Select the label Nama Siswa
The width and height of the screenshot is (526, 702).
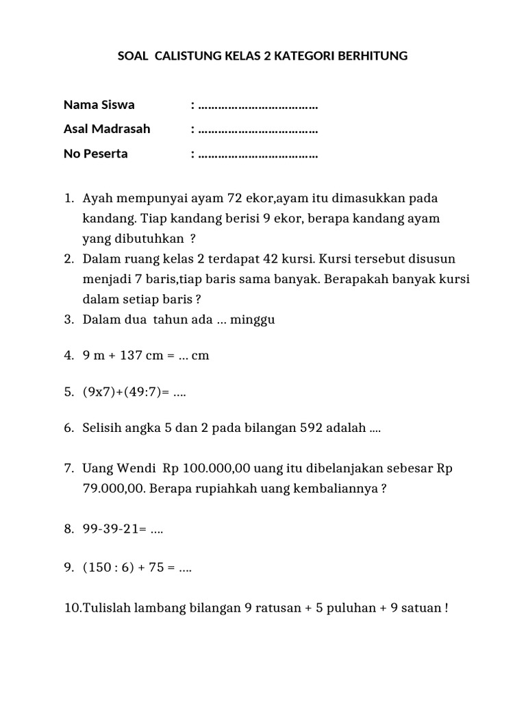point(99,105)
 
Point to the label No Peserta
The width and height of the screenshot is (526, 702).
point(95,154)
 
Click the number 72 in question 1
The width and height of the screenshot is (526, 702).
point(235,198)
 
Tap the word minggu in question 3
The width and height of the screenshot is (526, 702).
point(253,319)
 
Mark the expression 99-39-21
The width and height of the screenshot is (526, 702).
point(112,529)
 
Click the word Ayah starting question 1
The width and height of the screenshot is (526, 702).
point(97,198)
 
